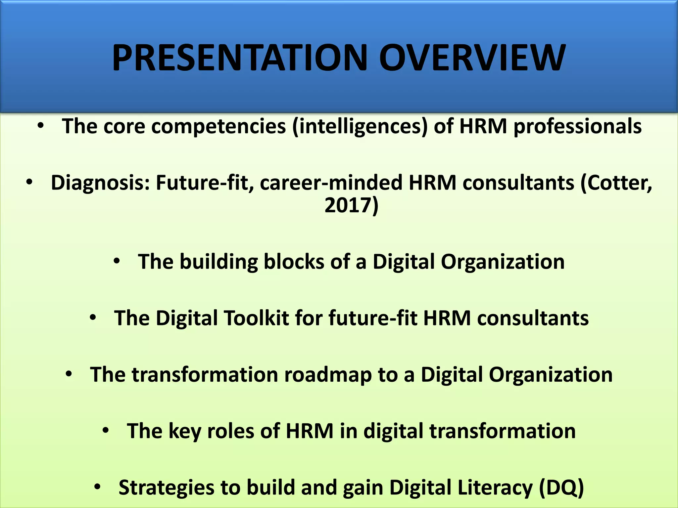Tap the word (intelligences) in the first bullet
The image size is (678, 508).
click(360, 127)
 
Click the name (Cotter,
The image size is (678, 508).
click(616, 183)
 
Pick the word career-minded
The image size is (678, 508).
click(331, 183)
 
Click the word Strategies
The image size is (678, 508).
click(166, 487)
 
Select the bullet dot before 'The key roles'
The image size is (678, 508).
click(105, 430)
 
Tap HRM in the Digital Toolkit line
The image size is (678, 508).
click(447, 318)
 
